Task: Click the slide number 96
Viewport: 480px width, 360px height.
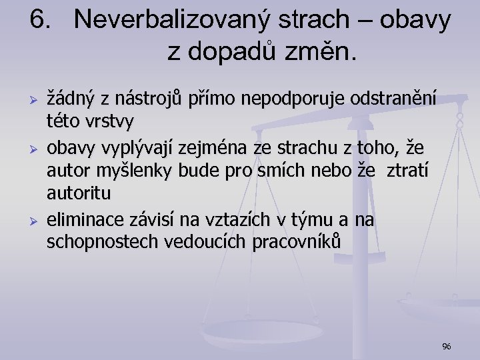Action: (x=447, y=346)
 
